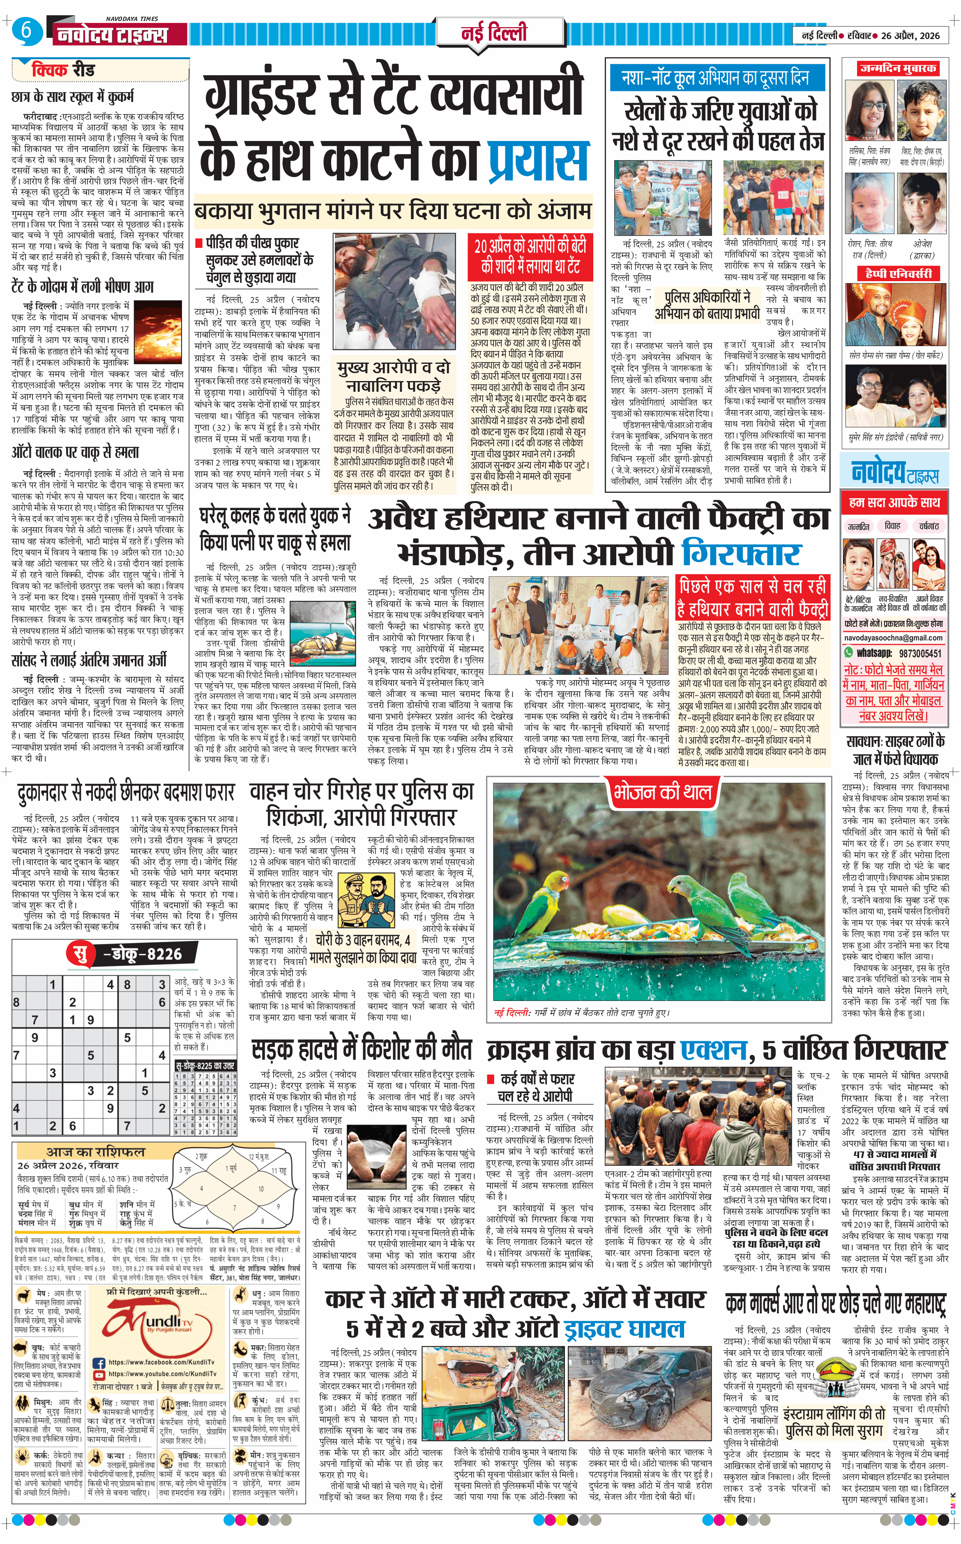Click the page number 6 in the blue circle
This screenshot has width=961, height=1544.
(26, 32)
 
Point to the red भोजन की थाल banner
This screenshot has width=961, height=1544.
(661, 793)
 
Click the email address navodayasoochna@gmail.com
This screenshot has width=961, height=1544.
(893, 638)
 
